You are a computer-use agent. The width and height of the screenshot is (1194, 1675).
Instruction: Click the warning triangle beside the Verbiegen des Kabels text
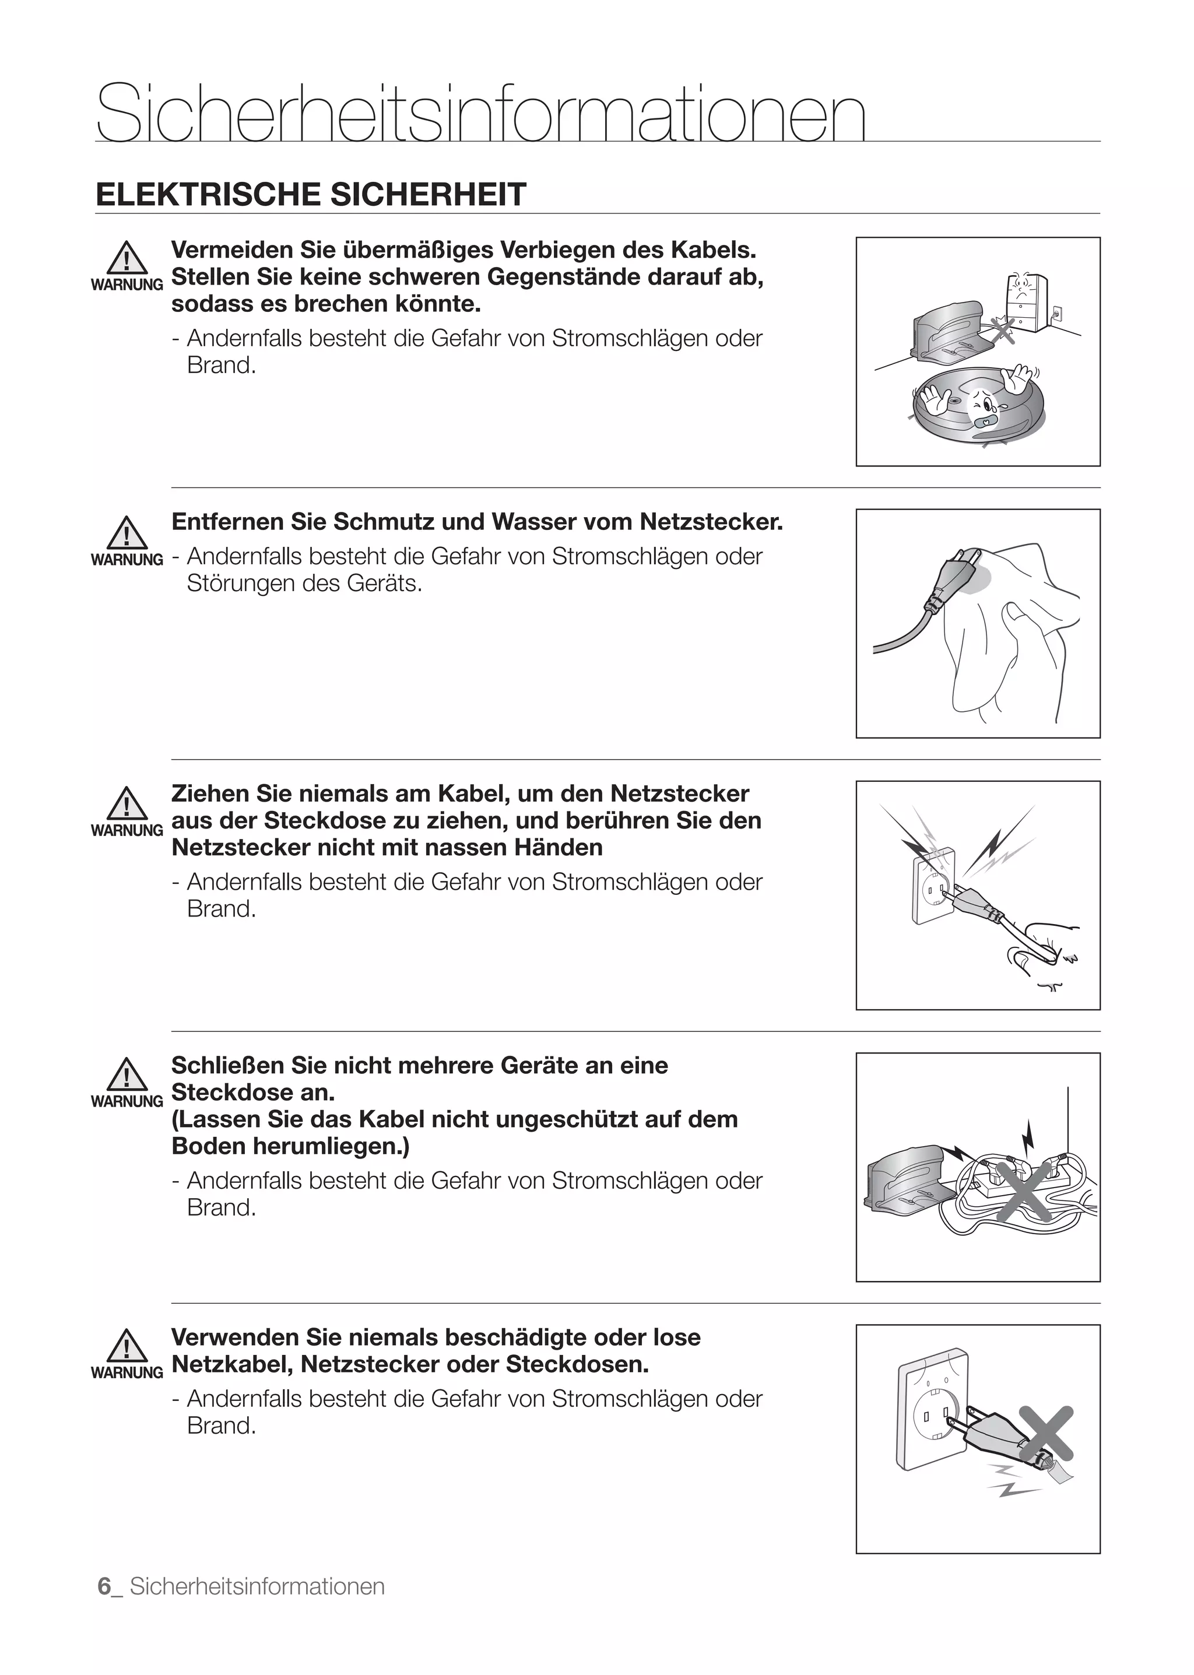pyautogui.click(x=127, y=259)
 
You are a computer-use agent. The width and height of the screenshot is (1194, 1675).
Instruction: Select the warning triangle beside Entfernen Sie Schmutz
pyautogui.click(x=127, y=533)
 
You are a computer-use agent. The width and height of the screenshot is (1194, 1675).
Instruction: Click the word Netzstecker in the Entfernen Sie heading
pyautogui.click(x=710, y=522)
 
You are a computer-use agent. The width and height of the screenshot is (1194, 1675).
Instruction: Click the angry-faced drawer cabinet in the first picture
pyautogui.click(x=1025, y=302)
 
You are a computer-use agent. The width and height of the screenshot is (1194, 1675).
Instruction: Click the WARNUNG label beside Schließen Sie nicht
pyautogui.click(x=127, y=1101)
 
